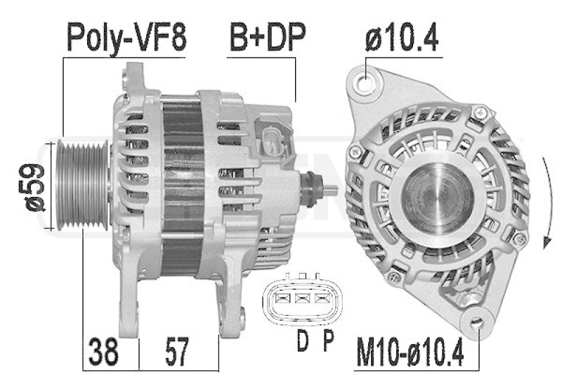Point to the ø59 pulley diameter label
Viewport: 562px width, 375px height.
pyautogui.click(x=34, y=186)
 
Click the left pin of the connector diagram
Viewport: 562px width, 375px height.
pyautogui.click(x=285, y=299)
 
